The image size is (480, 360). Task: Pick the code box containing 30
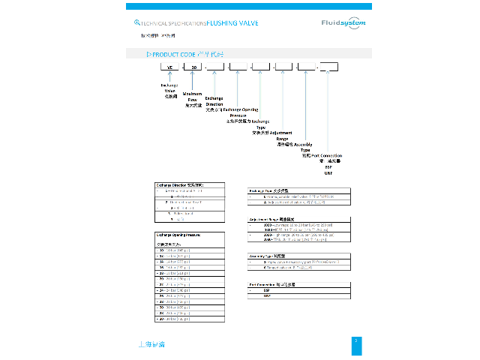pyautogui.click(x=193, y=67)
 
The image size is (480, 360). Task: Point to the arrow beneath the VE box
pyautogui.click(x=169, y=76)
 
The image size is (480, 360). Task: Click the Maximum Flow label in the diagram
pyautogui.click(x=192, y=97)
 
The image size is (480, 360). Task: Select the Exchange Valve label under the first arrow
pyautogui.click(x=169, y=88)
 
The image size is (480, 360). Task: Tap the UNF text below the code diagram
pyautogui.click(x=328, y=172)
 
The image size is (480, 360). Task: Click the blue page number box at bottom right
pyautogui.click(x=356, y=342)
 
